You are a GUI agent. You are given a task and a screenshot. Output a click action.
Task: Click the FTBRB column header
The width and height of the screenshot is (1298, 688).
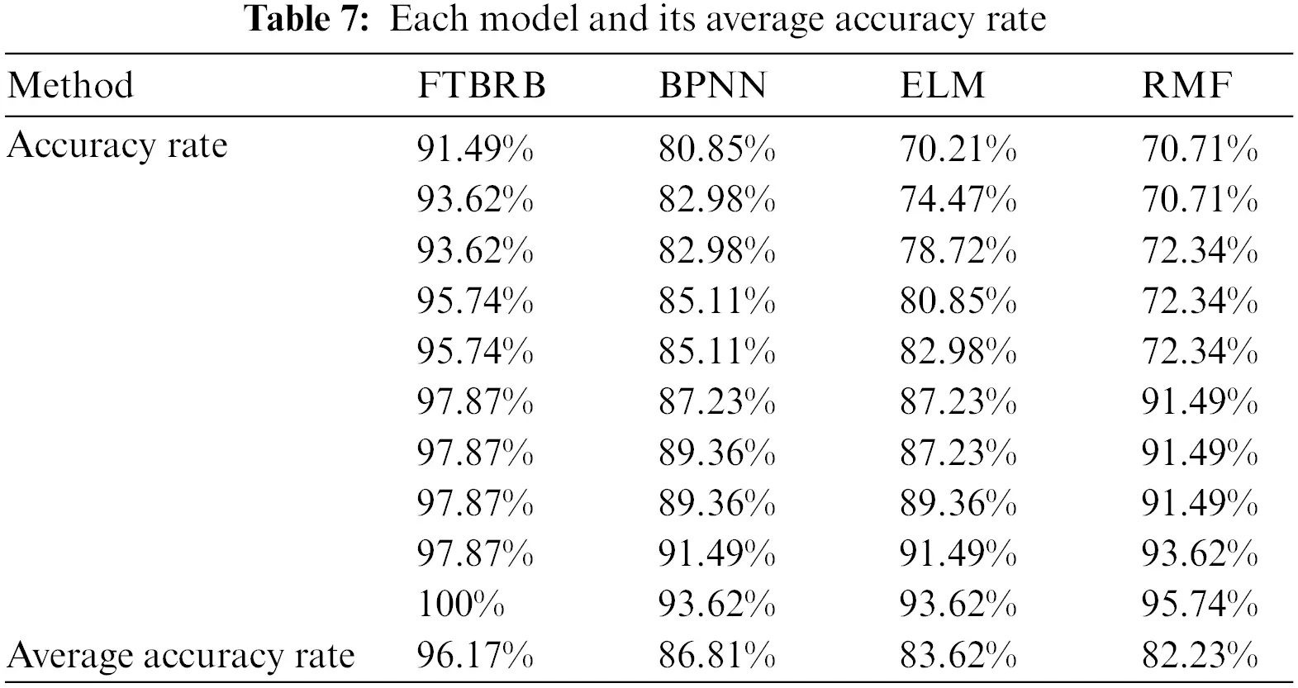482,86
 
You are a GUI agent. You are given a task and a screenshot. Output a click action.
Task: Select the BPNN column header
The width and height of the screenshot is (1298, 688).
712,86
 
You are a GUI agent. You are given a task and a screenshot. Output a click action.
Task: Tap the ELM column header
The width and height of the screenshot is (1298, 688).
943,86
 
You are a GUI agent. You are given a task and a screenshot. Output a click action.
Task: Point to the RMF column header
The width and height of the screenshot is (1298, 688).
1187,86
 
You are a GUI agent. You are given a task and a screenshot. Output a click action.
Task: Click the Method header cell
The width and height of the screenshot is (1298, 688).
70,86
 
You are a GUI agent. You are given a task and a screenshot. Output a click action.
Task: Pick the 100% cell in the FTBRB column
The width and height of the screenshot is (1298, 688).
460,605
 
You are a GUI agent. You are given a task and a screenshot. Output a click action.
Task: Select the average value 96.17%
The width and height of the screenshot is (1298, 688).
474,656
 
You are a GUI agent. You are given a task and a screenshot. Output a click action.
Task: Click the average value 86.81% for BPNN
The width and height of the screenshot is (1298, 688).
716,656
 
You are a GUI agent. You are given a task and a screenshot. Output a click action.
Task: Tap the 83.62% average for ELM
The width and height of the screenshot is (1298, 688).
958,656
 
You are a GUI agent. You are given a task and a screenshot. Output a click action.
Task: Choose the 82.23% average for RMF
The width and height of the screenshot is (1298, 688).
1200,656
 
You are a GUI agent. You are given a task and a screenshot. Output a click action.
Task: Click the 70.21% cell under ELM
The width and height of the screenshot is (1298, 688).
958,149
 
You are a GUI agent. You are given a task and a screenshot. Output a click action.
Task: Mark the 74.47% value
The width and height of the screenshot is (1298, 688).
958,200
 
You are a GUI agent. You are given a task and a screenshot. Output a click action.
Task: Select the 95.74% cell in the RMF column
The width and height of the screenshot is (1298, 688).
1200,605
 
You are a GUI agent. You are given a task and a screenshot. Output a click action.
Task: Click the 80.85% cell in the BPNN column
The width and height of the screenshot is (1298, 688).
716,149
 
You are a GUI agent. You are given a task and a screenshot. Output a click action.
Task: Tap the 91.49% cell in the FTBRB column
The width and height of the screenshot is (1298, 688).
474,149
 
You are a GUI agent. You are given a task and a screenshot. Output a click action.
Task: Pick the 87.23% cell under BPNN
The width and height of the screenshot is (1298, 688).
716,403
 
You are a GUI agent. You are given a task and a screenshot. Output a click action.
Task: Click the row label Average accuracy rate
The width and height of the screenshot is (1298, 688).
181,656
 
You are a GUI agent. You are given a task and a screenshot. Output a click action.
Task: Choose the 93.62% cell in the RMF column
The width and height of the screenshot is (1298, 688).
1200,554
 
